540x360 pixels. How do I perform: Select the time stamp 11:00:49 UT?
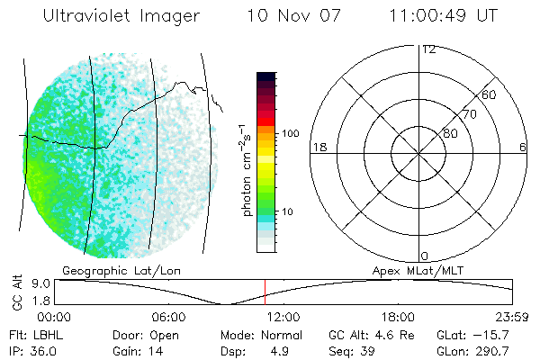click(x=443, y=16)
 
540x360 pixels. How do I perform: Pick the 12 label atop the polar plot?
click(x=429, y=49)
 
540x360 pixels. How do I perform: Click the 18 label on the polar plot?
click(x=317, y=148)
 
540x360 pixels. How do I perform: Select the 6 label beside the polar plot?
click(x=523, y=148)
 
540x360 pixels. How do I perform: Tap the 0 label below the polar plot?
click(x=425, y=256)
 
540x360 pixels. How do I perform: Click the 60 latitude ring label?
click(x=490, y=94)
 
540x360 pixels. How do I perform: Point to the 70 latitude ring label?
click(x=469, y=114)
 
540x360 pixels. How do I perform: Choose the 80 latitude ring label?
click(x=449, y=134)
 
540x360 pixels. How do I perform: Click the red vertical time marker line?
click(x=265, y=292)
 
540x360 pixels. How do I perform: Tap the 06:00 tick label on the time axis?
click(x=168, y=317)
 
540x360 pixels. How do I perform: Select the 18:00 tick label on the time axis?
click(x=397, y=317)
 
